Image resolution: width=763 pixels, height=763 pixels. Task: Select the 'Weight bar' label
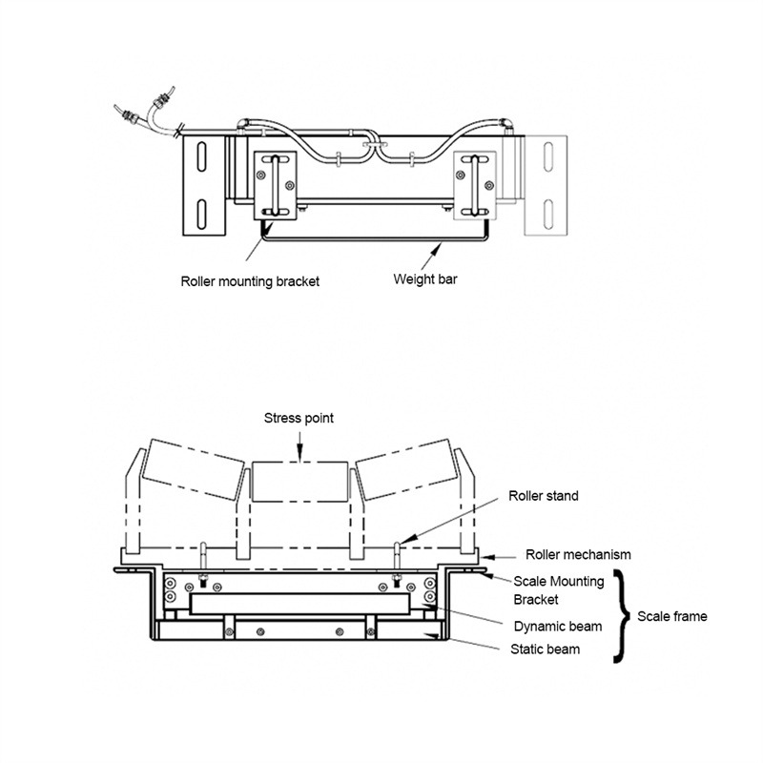click(423, 279)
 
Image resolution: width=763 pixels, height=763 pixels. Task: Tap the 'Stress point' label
click(299, 419)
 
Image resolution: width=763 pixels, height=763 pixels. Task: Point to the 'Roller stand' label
click(543, 496)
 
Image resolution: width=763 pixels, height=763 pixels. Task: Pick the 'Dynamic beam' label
click(558, 627)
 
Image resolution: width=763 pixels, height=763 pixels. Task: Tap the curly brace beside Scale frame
click(625, 615)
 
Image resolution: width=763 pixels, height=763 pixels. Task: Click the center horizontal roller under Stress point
click(299, 484)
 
